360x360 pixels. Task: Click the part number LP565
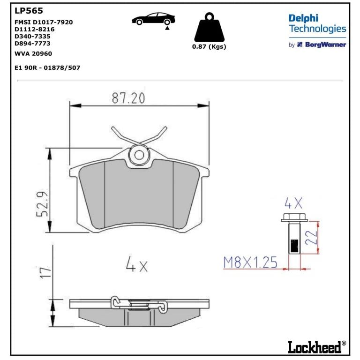[29, 11]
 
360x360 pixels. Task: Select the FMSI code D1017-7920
[53, 22]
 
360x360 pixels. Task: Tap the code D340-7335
[32, 36]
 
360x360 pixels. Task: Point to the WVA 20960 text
[33, 54]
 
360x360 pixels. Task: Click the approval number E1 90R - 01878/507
[47, 67]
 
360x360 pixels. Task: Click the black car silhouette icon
[153, 19]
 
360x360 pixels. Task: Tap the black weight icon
[209, 27]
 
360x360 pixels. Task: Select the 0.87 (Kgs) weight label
[209, 46]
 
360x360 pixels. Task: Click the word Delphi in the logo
[303, 18]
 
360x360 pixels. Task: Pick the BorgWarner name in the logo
[325, 45]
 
